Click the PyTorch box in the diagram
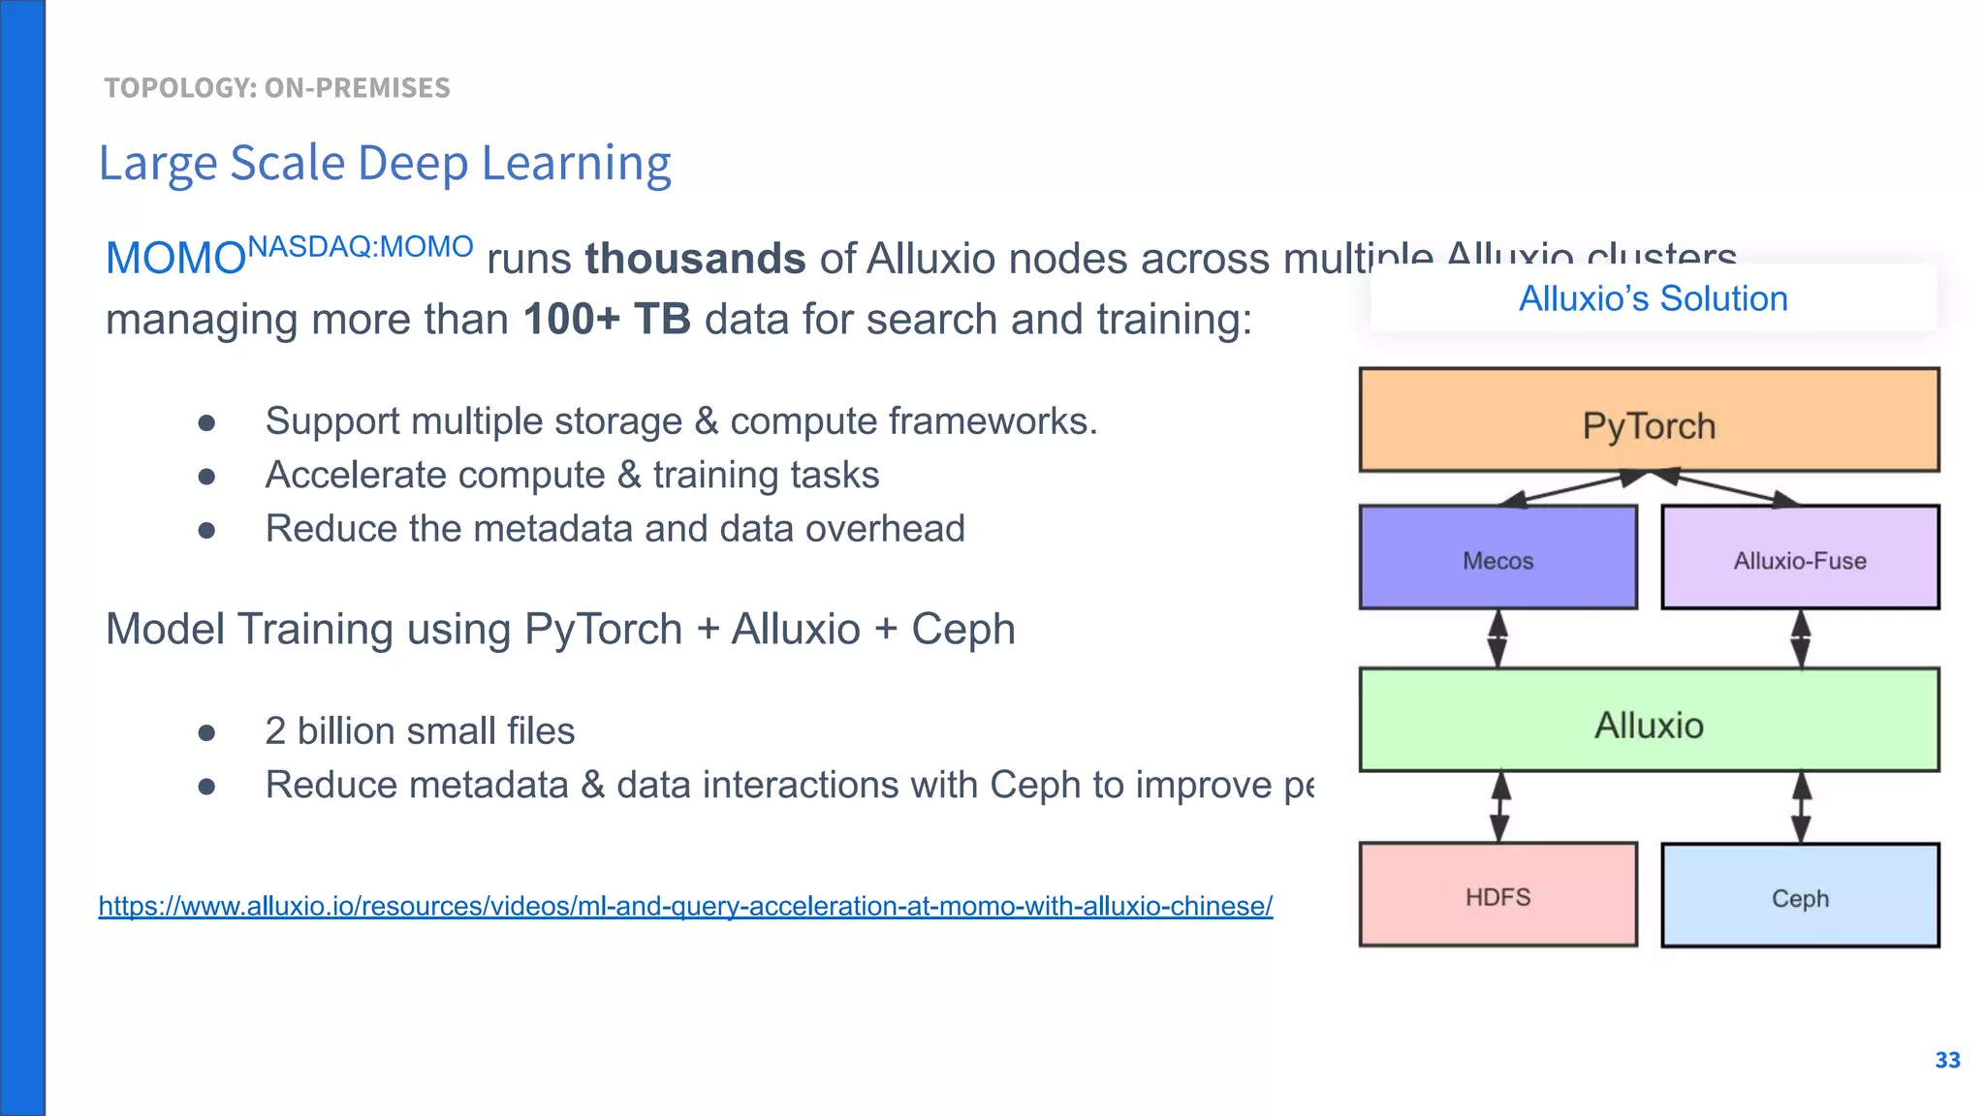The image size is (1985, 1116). (x=1649, y=420)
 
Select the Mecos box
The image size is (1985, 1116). (x=1497, y=558)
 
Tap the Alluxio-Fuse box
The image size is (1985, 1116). (x=1800, y=558)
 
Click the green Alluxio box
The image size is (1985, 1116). (x=1649, y=721)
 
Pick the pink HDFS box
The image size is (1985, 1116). (x=1497, y=895)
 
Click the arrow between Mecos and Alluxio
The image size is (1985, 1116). (x=1497, y=638)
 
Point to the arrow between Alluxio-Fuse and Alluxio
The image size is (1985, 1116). (x=1801, y=638)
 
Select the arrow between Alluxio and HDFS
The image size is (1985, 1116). (x=1499, y=807)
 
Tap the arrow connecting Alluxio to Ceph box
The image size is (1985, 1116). (x=1801, y=807)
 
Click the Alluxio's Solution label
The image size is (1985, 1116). (x=1653, y=298)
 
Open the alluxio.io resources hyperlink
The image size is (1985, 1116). (x=685, y=906)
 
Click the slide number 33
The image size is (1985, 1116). (x=1947, y=1060)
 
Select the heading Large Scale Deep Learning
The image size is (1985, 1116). (x=385, y=163)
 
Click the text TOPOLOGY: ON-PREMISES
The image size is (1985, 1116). (x=277, y=88)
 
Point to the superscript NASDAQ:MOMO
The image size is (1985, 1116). (x=361, y=246)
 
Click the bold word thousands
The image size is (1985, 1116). (x=695, y=259)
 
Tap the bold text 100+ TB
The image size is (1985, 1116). (x=607, y=319)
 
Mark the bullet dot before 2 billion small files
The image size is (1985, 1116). (x=206, y=732)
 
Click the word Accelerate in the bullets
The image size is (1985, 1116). (x=342, y=475)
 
